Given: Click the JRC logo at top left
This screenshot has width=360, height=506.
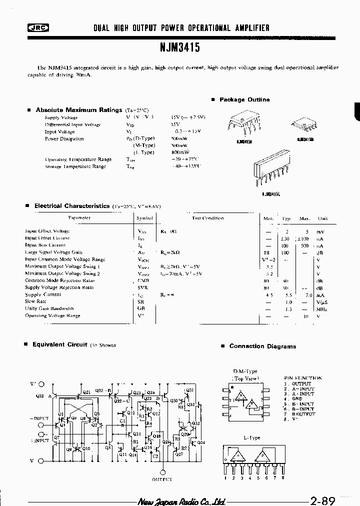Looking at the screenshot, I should click(x=33, y=28).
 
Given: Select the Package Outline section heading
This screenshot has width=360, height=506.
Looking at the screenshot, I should click(x=244, y=99).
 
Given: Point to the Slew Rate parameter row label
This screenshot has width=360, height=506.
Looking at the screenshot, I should click(x=36, y=301).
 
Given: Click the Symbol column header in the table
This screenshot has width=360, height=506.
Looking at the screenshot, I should click(x=145, y=218).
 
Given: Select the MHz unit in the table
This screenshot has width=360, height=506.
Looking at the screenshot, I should click(x=322, y=308).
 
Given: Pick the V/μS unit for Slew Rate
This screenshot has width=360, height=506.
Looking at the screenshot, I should click(x=322, y=301).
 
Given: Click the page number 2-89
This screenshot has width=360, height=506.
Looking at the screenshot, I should click(x=322, y=500).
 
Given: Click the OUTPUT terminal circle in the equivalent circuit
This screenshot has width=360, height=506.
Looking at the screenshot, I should click(x=162, y=471).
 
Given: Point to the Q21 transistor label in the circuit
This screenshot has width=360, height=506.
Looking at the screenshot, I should click(x=86, y=392).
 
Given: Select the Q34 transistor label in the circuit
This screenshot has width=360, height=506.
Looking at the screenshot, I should click(x=201, y=442).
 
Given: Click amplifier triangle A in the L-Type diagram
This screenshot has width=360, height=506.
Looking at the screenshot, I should click(x=235, y=455).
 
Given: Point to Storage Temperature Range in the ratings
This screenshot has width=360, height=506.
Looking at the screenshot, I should click(x=75, y=166).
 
